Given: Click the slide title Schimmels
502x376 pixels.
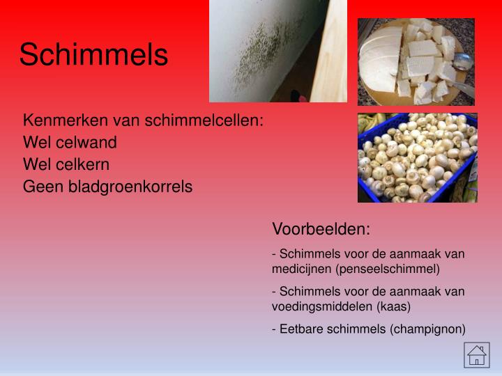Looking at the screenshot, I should (93, 55).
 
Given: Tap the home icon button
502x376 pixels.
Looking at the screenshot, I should (477, 355).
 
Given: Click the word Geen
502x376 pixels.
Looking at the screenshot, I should (39, 187).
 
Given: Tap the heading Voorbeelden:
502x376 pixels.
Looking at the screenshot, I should (321, 229).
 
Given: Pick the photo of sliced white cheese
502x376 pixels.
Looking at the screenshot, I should (416, 62).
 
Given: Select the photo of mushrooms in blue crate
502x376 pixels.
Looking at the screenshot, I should (417, 158).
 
